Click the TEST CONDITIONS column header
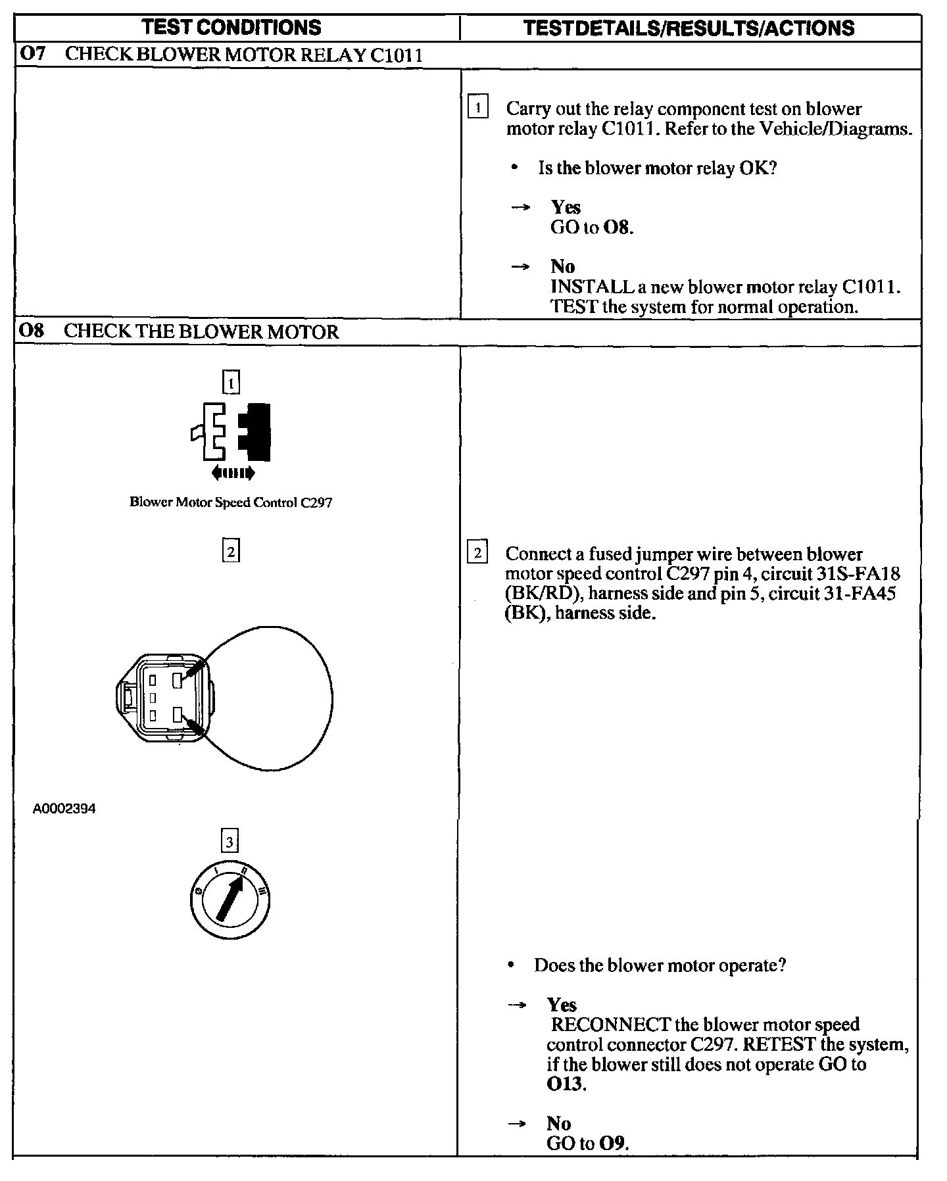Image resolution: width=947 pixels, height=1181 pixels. click(231, 27)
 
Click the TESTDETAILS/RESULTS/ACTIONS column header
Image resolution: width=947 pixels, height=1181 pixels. click(689, 28)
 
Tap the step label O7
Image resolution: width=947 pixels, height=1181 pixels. click(32, 54)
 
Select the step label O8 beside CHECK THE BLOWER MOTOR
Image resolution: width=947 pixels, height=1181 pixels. click(32, 331)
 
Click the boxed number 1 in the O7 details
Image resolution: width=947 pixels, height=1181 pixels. click(477, 107)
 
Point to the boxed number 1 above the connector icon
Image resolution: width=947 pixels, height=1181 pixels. click(231, 383)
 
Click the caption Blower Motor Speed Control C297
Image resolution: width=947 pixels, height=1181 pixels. click(231, 502)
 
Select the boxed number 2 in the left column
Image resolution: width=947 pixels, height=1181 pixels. click(231, 551)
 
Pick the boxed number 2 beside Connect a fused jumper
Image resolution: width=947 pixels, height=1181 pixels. click(477, 552)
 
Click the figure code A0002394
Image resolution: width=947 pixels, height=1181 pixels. click(64, 809)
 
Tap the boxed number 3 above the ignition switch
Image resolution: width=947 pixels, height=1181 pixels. click(230, 842)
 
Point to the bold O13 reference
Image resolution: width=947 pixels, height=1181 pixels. click(565, 1083)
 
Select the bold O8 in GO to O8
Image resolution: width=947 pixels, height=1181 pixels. click(618, 228)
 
